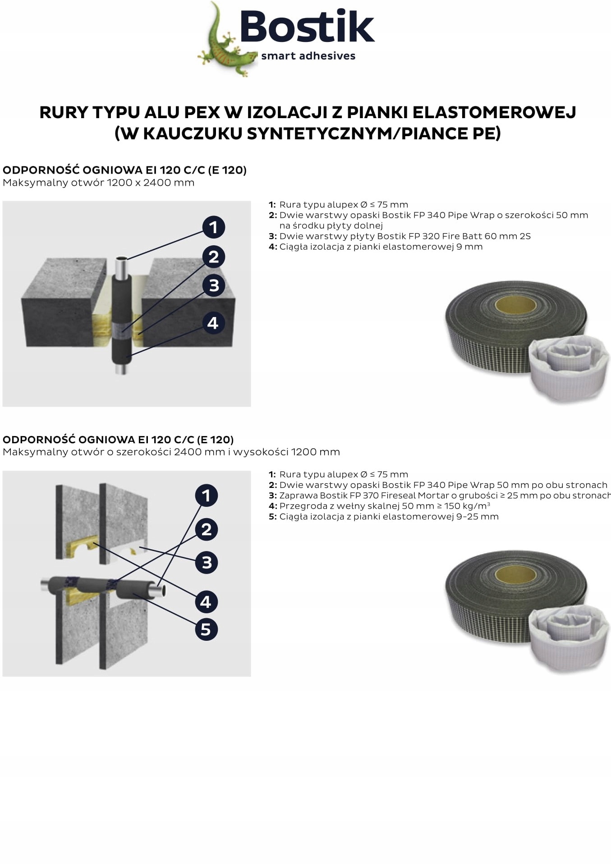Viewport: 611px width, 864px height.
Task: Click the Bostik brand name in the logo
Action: point(307,27)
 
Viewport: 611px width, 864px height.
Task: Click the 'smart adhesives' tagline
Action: point(308,56)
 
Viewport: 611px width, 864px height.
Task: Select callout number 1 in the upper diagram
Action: point(213,227)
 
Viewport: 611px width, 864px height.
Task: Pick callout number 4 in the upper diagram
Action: point(213,323)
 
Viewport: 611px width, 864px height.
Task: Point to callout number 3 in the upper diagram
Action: point(214,285)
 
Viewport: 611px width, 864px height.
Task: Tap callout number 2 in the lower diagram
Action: point(207,529)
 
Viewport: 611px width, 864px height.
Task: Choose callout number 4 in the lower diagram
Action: point(206,601)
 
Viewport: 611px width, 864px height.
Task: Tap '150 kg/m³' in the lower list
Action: point(467,506)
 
